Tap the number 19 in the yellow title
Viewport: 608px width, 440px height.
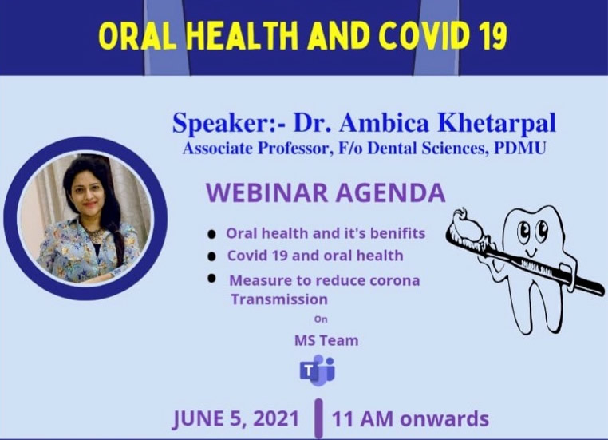pos(491,37)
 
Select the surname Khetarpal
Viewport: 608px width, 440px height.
pos(497,123)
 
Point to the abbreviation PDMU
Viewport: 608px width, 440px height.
pos(519,149)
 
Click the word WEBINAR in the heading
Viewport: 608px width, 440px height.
pos(267,192)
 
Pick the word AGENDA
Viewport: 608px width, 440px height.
pos(391,192)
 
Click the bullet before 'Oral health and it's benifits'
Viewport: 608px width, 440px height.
pos(211,234)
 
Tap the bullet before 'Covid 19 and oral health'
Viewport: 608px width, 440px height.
pos(211,256)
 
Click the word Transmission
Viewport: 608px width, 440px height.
pos(279,299)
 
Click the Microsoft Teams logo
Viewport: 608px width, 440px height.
pos(318,371)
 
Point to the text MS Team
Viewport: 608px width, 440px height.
pos(326,341)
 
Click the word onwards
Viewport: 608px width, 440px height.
pos(444,419)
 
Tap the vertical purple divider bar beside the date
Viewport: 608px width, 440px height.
pos(318,418)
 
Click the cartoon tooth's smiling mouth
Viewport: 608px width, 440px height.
pos(531,252)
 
